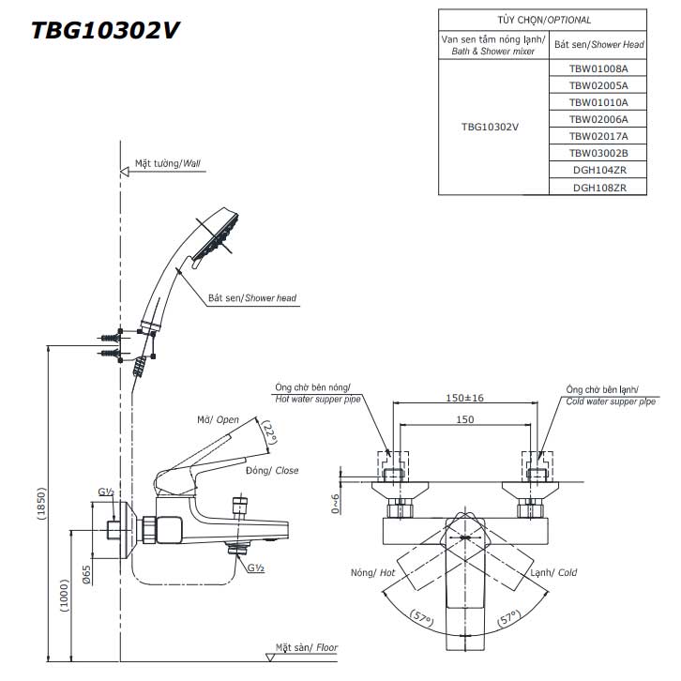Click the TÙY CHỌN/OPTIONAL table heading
(x=544, y=18)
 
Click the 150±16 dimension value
(x=464, y=398)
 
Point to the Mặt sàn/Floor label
(x=306, y=647)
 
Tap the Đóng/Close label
(x=272, y=470)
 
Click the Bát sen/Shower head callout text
(x=251, y=297)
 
